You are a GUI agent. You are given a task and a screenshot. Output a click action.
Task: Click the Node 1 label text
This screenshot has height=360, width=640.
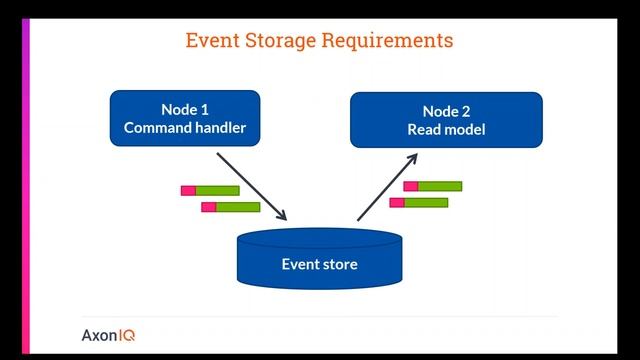[x=184, y=109]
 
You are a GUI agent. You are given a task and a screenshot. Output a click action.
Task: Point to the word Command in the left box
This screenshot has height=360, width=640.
[x=158, y=127]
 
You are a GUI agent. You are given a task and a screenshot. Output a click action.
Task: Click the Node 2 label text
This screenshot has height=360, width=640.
[x=445, y=111]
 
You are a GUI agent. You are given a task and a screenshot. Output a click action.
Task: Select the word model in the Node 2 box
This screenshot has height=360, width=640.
[x=465, y=129]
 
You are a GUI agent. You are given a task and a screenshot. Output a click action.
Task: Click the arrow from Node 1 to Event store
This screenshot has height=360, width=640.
[x=251, y=186]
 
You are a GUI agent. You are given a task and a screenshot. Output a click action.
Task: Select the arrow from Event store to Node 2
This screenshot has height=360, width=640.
[x=387, y=187]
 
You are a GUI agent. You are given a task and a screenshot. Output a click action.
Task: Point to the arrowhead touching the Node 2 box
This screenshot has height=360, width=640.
[x=413, y=158]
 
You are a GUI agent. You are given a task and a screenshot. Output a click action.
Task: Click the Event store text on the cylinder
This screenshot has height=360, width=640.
[x=319, y=264]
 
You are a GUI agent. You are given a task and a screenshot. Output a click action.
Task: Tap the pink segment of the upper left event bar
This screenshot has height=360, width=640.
[x=188, y=190]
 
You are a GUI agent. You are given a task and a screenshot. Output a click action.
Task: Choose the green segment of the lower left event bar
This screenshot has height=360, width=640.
[x=238, y=207]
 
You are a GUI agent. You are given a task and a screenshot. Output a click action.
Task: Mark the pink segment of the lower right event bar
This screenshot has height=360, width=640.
[x=397, y=202]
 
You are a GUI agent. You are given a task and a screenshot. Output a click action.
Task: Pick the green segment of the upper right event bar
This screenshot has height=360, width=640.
[x=440, y=186]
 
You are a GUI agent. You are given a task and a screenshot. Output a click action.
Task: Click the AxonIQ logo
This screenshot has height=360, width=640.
[x=108, y=336]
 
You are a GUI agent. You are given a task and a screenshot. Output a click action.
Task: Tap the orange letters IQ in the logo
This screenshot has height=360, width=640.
[x=126, y=336]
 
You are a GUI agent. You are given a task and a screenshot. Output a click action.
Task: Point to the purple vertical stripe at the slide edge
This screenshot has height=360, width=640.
[x=26, y=180]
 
